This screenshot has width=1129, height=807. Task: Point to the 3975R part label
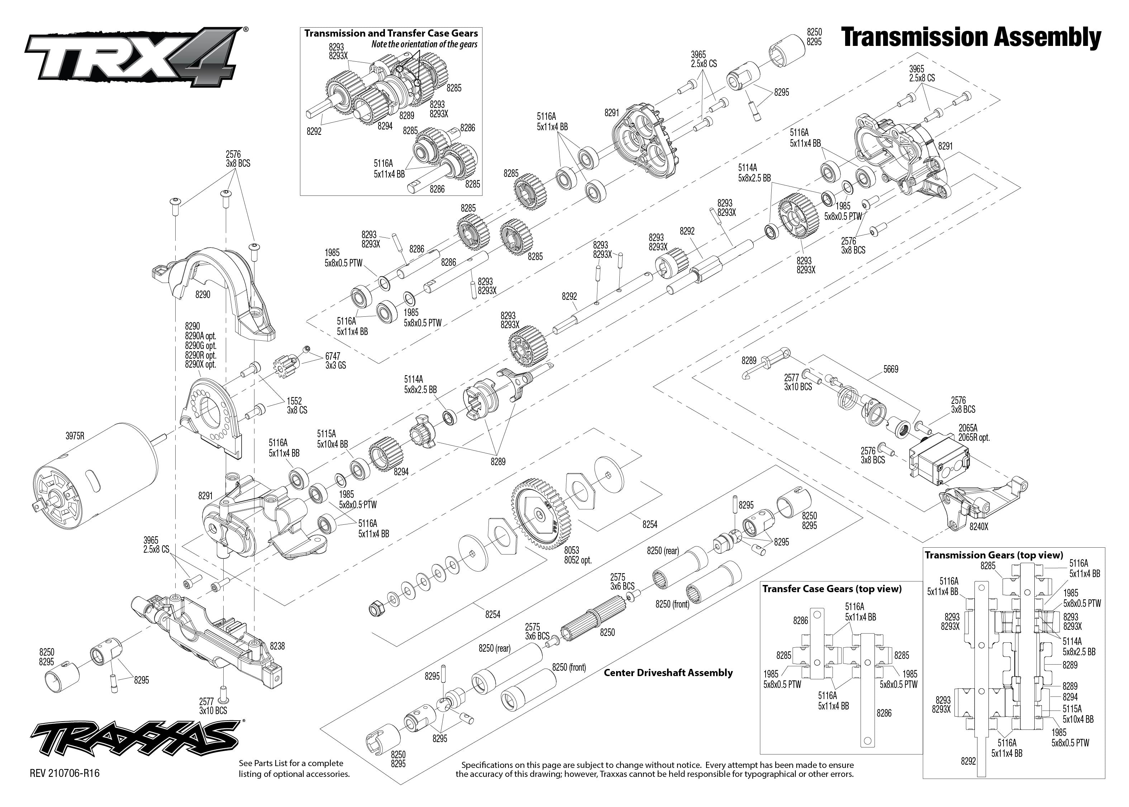(75, 436)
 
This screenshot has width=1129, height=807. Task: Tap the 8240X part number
(978, 541)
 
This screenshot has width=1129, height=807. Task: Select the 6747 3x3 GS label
(335, 361)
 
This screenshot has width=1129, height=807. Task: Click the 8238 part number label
(277, 646)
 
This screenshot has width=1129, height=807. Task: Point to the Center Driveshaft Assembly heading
(668, 673)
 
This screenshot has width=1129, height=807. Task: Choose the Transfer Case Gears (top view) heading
(832, 589)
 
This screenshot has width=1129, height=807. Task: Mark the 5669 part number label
(891, 369)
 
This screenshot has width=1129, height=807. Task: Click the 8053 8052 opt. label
(577, 555)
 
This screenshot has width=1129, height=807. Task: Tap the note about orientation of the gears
(424, 44)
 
